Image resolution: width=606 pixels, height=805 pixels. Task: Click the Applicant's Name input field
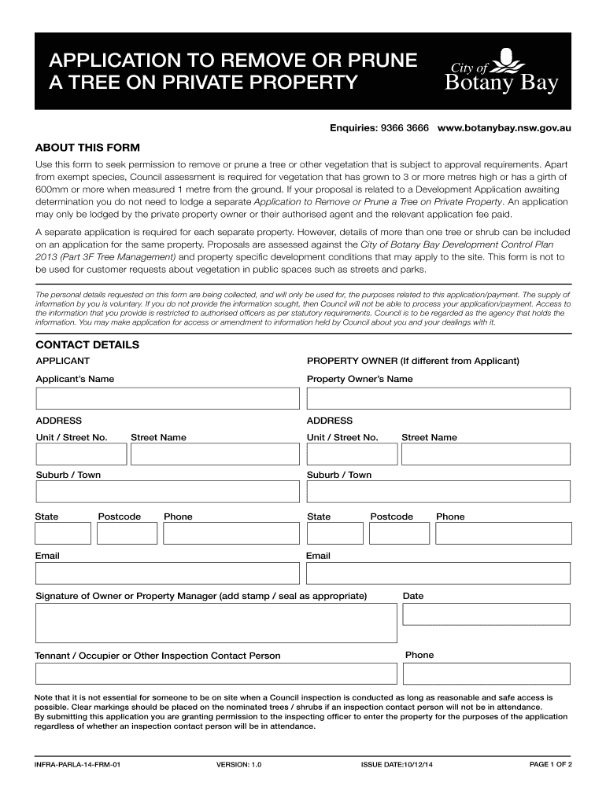pyautogui.click(x=168, y=398)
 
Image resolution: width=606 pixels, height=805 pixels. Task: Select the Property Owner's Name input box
pyautogui.click(x=438, y=398)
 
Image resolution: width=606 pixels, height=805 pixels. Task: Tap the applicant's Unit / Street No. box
pyautogui.click(x=81, y=454)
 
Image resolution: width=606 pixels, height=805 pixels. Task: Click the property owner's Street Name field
pyautogui.click(x=486, y=454)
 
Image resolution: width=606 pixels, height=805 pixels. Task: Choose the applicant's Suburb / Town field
pyautogui.click(x=168, y=492)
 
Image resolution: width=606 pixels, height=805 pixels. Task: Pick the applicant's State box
pyautogui.click(x=63, y=534)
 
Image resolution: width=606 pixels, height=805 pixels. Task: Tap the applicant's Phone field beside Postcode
pyautogui.click(x=231, y=534)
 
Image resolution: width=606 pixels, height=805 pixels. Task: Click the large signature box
pyautogui.click(x=216, y=623)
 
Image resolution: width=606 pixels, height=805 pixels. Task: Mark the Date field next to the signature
pyautogui.click(x=486, y=614)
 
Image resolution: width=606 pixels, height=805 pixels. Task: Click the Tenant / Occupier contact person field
pyautogui.click(x=216, y=674)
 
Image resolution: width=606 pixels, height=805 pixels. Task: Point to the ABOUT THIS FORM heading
pyautogui.click(x=87, y=147)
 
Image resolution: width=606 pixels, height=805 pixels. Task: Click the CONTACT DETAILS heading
pyautogui.click(x=87, y=345)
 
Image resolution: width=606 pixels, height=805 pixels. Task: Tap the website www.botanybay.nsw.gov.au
pyautogui.click(x=504, y=127)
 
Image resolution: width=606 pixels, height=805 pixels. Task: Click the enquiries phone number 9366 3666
pyautogui.click(x=405, y=127)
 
